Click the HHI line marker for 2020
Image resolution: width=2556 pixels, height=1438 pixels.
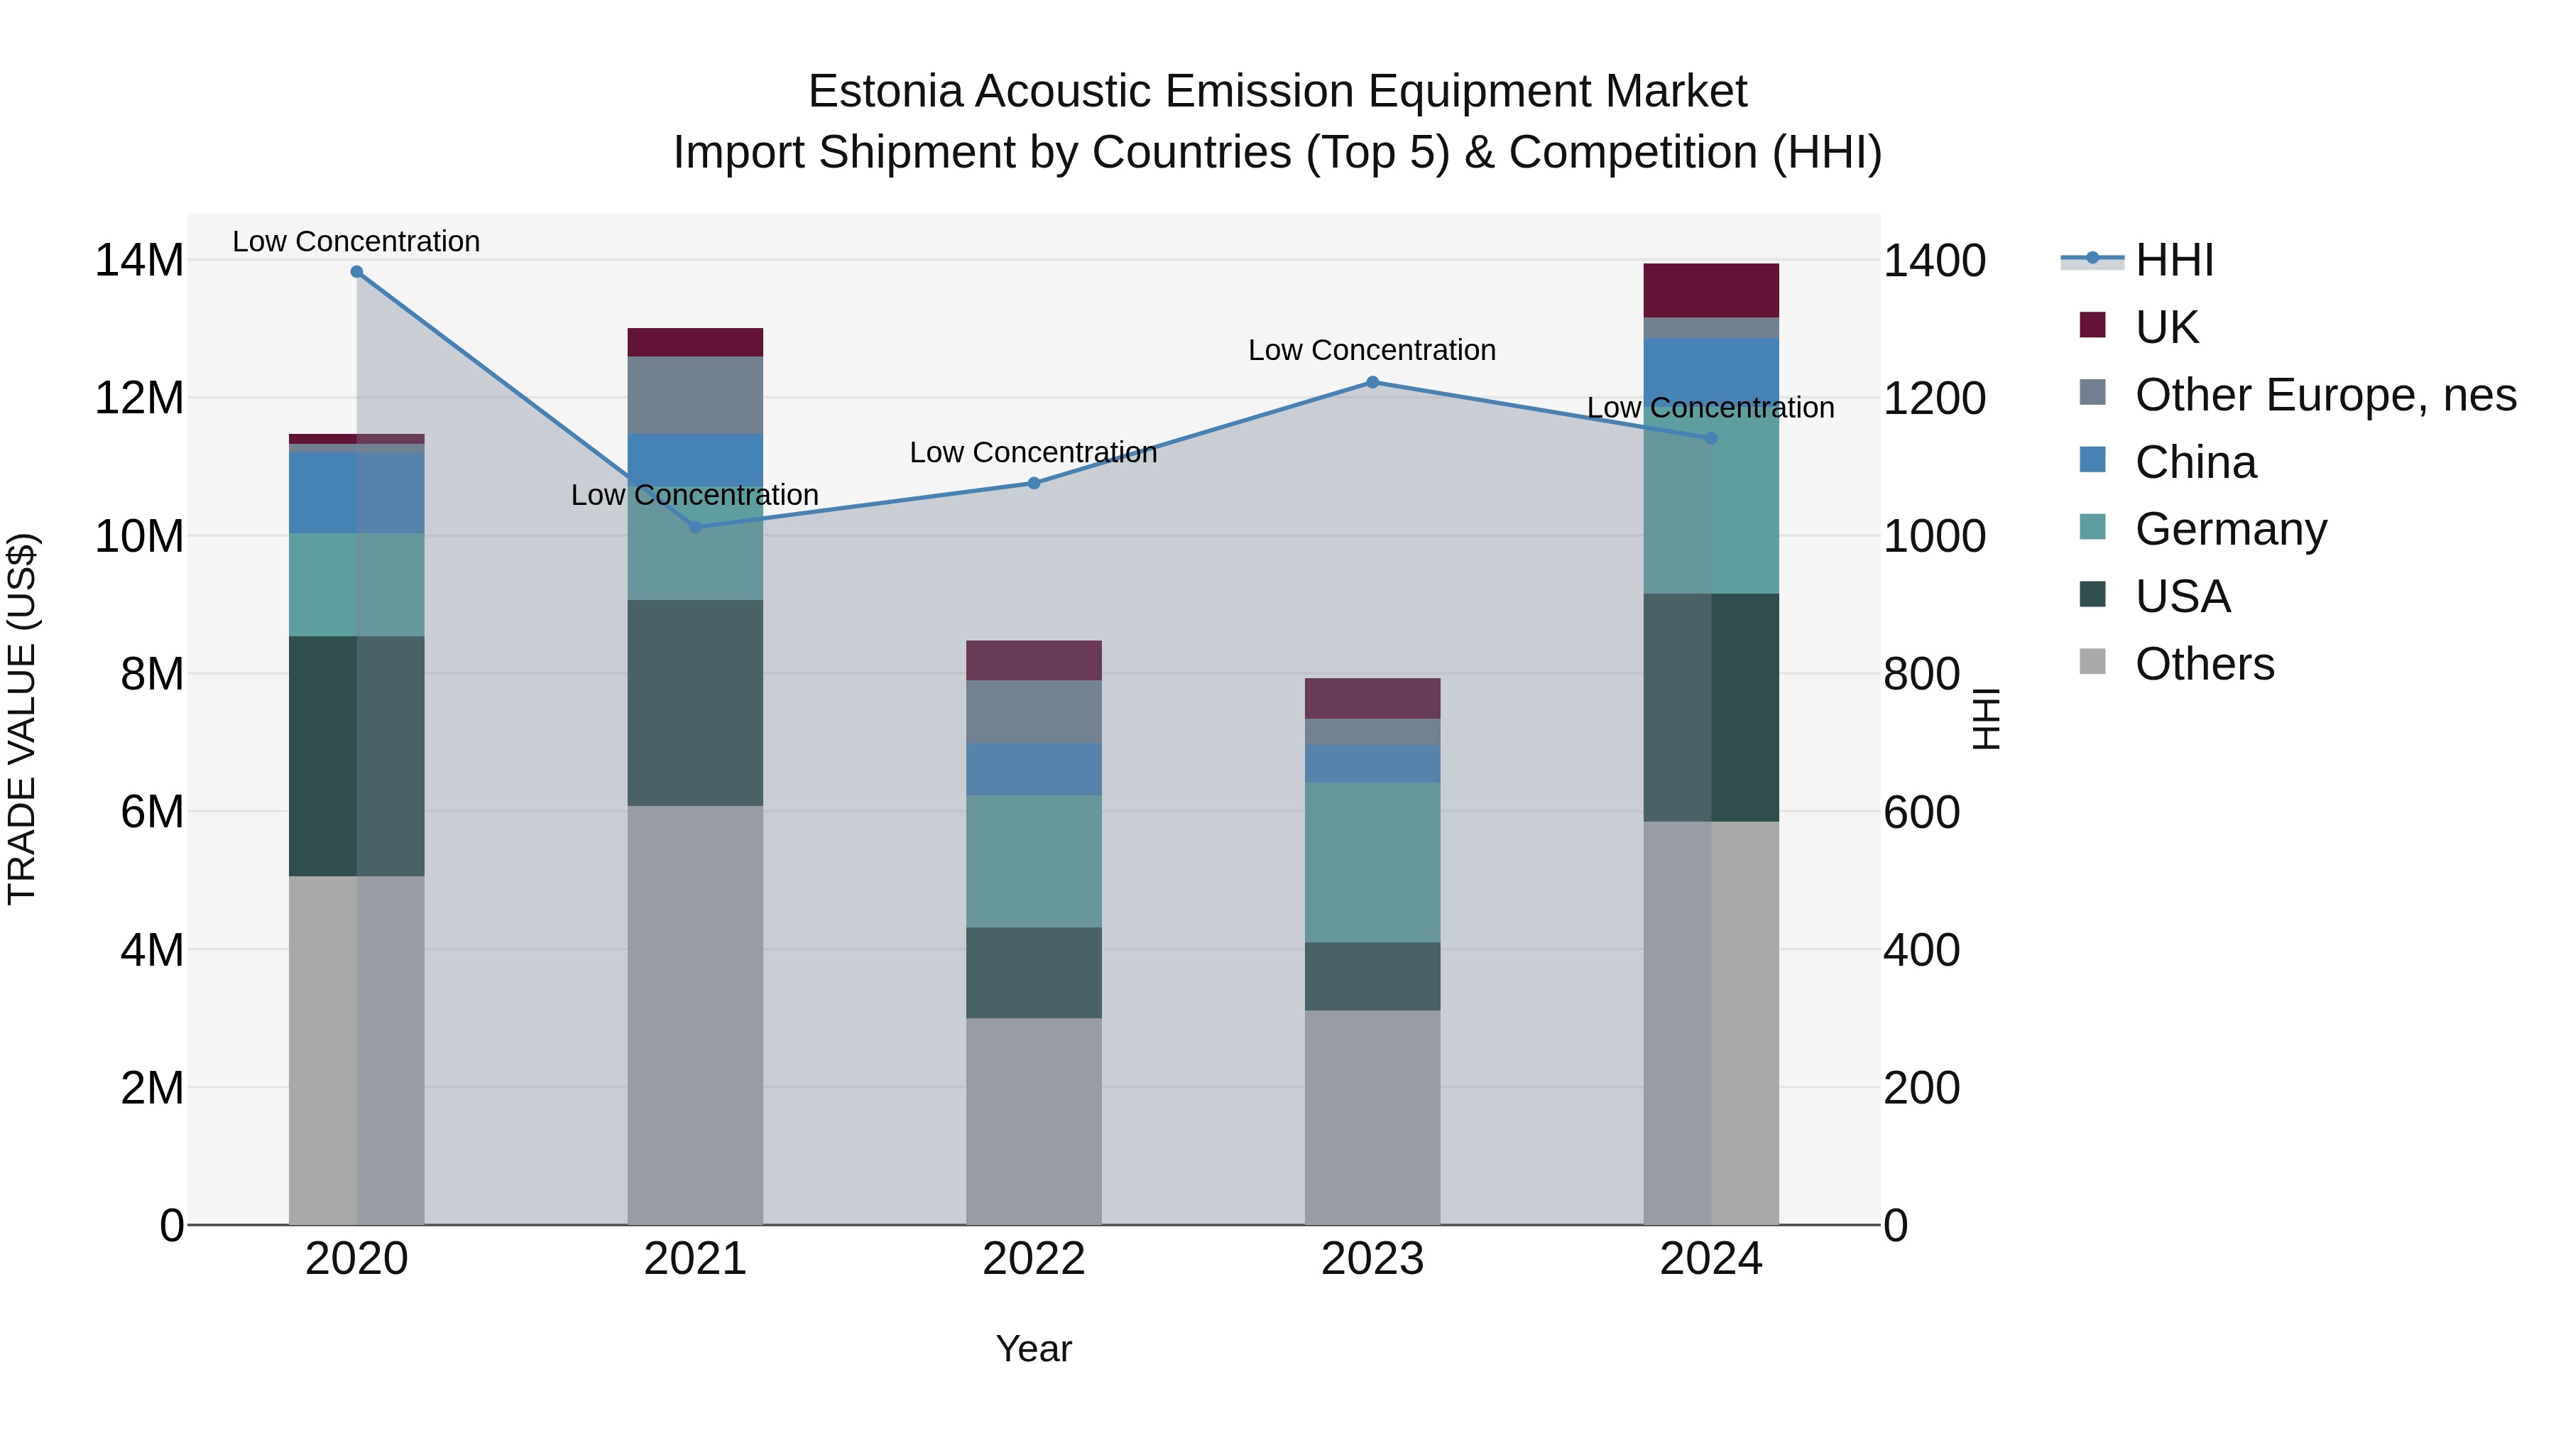[356, 272]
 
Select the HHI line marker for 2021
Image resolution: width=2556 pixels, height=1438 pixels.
[696, 527]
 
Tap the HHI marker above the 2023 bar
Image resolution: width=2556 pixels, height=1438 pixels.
[1372, 382]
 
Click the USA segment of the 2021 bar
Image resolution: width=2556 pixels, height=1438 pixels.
[696, 702]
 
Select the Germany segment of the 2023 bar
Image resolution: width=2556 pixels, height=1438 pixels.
[1372, 861]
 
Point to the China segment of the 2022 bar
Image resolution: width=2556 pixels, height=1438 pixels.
[1034, 769]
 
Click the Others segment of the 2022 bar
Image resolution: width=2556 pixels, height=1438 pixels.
[1034, 1121]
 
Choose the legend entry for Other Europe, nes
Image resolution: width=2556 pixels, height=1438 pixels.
[2325, 395]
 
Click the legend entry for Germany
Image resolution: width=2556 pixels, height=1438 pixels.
[2231, 529]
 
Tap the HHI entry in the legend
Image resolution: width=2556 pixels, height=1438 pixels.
[2173, 260]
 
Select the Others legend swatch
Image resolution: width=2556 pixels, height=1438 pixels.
[2092, 662]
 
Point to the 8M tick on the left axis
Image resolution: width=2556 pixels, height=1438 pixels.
[151, 675]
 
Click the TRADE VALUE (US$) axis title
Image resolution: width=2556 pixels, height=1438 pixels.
[22, 719]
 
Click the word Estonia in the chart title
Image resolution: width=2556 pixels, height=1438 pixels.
[885, 92]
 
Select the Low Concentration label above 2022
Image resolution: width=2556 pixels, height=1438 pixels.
[1033, 452]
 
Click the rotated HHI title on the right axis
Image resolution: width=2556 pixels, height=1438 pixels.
[1985, 719]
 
